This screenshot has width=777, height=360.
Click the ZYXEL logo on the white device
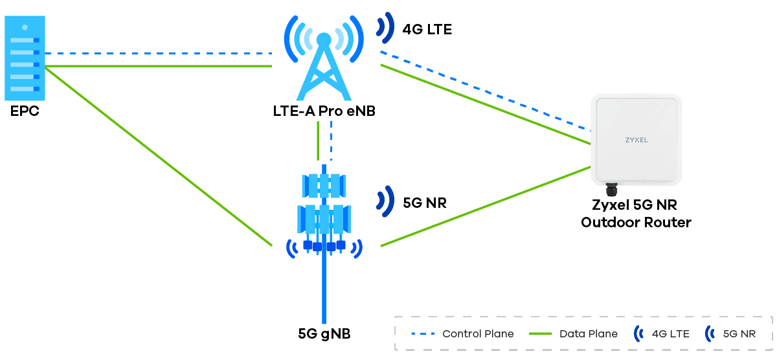tap(636, 140)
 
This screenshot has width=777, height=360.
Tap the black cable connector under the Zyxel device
tap(611, 190)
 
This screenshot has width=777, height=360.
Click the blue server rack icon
tap(25, 59)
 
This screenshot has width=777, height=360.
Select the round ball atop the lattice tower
tap(323, 39)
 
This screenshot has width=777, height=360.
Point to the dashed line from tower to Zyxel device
tap(486, 90)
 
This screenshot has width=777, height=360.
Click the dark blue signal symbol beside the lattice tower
tap(387, 27)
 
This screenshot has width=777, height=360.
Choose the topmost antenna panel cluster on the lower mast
tap(324, 186)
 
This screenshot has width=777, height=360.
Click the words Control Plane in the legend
tap(478, 334)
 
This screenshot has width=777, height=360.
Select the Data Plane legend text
tap(589, 334)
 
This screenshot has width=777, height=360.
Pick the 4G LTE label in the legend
tap(671, 334)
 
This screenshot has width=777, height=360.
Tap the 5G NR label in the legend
tap(739, 334)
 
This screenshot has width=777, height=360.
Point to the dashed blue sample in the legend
tap(423, 334)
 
